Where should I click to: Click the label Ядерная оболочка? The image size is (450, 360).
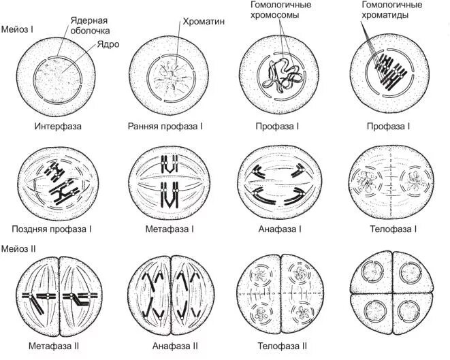pyautogui.click(x=91, y=26)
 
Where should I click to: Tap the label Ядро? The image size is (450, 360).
pyautogui.click(x=108, y=44)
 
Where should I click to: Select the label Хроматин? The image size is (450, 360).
pyautogui.click(x=204, y=21)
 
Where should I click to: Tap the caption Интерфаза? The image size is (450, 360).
pyautogui.click(x=59, y=127)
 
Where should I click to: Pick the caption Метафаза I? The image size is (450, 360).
pyautogui.click(x=170, y=229)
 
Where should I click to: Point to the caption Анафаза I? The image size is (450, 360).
pyautogui.click(x=280, y=229)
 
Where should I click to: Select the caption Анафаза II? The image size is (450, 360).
pyautogui.click(x=172, y=346)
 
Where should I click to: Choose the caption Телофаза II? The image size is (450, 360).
pyautogui.click(x=280, y=346)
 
